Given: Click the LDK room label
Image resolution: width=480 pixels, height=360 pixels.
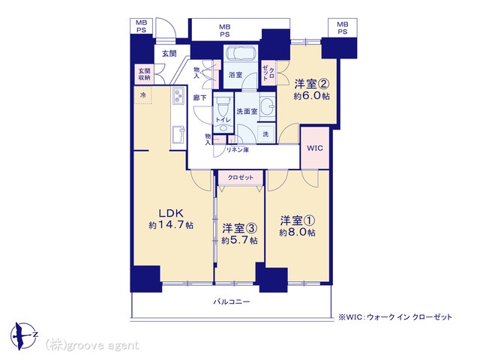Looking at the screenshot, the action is [x=171, y=213].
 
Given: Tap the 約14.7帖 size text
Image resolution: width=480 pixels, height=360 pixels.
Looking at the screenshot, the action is [x=171, y=225].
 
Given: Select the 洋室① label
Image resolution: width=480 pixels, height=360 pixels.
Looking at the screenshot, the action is [x=298, y=220].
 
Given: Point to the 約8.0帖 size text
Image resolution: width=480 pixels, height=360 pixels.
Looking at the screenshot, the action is [x=297, y=232].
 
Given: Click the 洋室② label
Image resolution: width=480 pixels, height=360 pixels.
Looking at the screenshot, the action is [x=312, y=83].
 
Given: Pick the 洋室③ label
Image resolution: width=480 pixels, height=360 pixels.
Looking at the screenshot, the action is [x=239, y=228].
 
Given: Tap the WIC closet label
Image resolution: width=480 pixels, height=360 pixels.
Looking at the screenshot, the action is [x=315, y=148].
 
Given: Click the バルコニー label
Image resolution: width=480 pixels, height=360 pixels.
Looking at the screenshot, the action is [x=232, y=301].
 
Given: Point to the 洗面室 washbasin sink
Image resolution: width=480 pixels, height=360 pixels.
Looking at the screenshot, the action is [x=268, y=106].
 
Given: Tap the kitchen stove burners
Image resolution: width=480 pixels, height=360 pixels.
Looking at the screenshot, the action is [x=178, y=95].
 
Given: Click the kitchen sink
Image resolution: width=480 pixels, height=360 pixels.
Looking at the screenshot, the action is [x=178, y=135].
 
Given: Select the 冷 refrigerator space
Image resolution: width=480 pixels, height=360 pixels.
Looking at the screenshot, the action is [x=143, y=95].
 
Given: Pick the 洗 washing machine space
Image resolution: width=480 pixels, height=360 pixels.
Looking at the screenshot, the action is [x=265, y=133].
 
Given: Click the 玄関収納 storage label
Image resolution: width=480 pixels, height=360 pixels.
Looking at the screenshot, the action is [x=144, y=74].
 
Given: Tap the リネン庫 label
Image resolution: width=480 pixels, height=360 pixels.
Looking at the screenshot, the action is [x=237, y=150].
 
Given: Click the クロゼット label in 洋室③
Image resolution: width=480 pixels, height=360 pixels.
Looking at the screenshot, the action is [x=240, y=178].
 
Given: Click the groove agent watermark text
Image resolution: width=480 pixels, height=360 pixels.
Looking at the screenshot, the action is [x=92, y=346].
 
